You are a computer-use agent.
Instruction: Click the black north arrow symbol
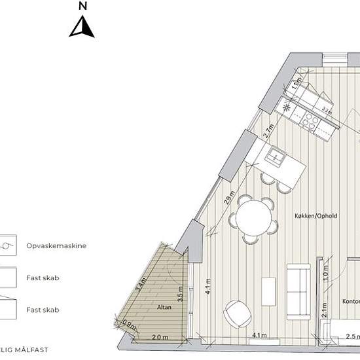(x=82, y=27)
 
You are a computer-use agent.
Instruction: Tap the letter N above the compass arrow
(x=82, y=6)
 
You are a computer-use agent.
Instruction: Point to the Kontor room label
(x=351, y=301)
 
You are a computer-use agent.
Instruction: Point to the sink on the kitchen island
(x=276, y=156)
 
